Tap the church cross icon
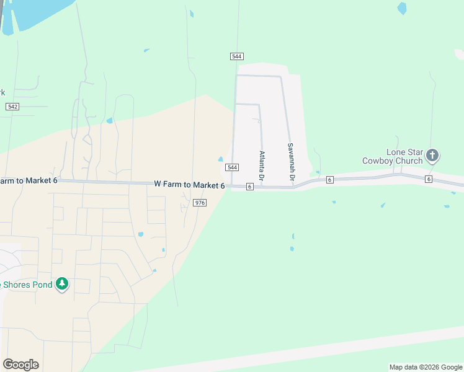coord(433,155)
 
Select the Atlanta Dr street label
coord(262,166)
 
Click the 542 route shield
coord(12,107)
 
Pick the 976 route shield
coord(200,203)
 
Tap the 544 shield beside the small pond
coord(232,167)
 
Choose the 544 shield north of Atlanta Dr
coord(236,56)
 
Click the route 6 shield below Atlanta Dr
coord(249,187)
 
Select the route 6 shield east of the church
coord(429,179)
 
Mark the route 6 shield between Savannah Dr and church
coord(329,179)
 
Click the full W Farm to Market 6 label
coord(189,185)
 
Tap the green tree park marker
coord(61,284)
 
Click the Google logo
coord(20,365)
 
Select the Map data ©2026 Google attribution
coord(425,367)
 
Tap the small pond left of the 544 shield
coord(220,159)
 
